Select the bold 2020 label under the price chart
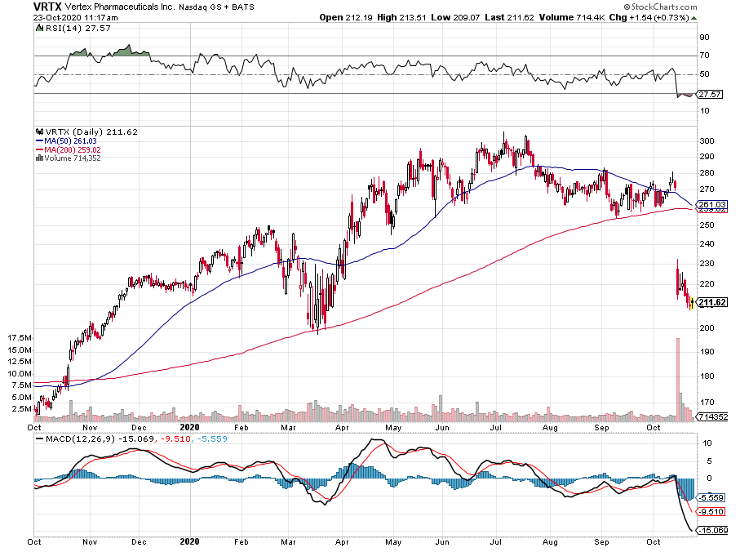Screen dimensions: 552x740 (189, 426)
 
